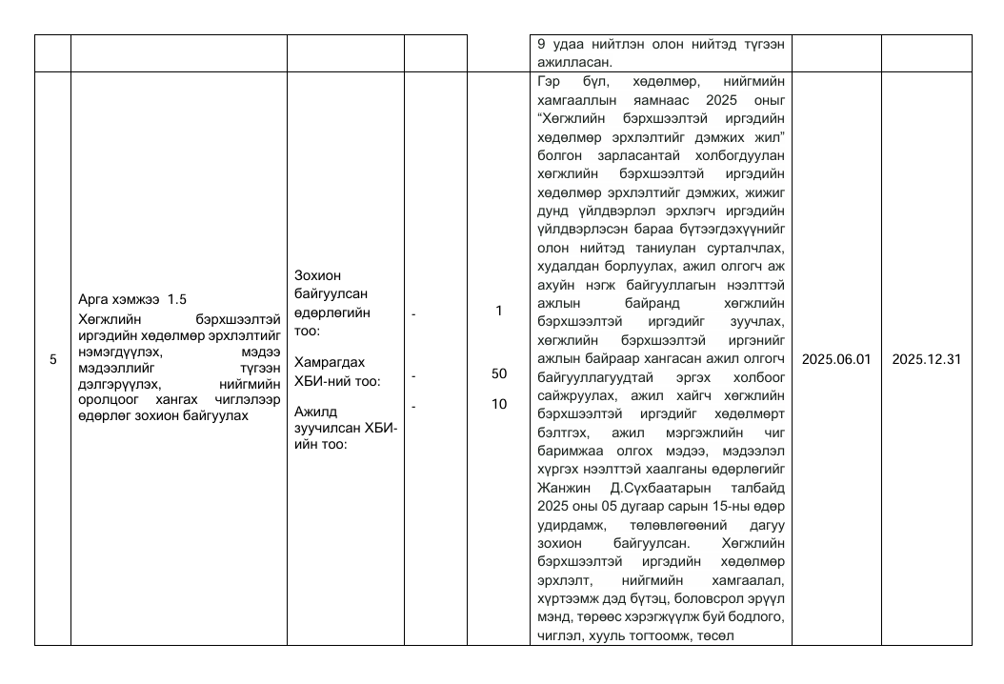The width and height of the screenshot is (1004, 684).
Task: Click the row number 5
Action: click(52, 359)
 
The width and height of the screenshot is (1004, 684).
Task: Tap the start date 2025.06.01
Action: click(835, 359)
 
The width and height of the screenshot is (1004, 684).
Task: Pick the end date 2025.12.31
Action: click(926, 359)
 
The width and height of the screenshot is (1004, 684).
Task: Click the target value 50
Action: click(498, 374)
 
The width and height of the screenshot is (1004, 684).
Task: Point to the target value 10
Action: click(498, 404)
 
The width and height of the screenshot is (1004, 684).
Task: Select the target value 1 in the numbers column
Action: click(498, 311)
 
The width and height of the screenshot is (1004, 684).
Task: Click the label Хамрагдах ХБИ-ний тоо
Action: click(337, 372)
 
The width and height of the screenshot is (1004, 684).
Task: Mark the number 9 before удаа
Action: click(542, 43)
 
